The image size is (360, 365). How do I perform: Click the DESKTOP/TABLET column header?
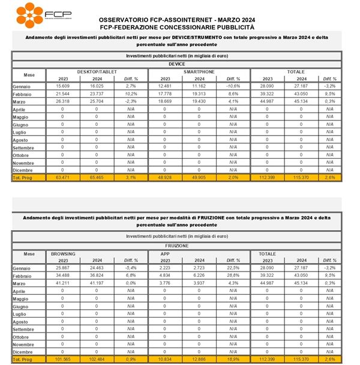pyautogui.click(x=96, y=71)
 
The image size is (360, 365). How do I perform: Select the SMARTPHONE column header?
pyautogui.click(x=199, y=71)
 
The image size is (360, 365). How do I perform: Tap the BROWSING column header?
pyautogui.click(x=64, y=254)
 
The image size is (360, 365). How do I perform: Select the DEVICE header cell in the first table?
pyautogui.click(x=176, y=64)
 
